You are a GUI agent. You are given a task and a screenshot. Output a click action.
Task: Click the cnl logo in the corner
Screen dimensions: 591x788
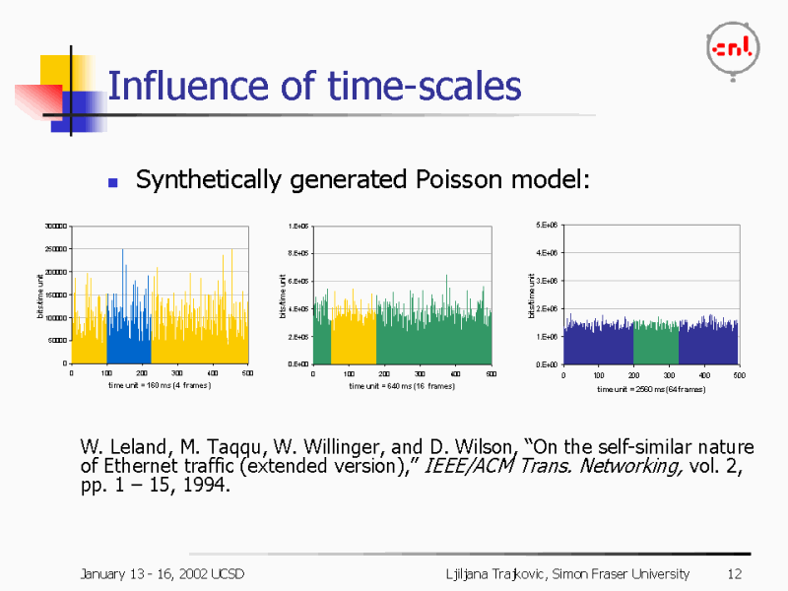click(733, 46)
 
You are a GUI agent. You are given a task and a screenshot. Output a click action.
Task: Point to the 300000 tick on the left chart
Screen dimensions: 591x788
click(55, 226)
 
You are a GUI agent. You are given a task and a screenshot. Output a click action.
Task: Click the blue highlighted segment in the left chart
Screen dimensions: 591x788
click(128, 335)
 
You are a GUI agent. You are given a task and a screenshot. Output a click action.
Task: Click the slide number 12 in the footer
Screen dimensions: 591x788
click(734, 573)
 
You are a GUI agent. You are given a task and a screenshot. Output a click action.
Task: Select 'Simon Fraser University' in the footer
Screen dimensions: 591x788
click(624, 573)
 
